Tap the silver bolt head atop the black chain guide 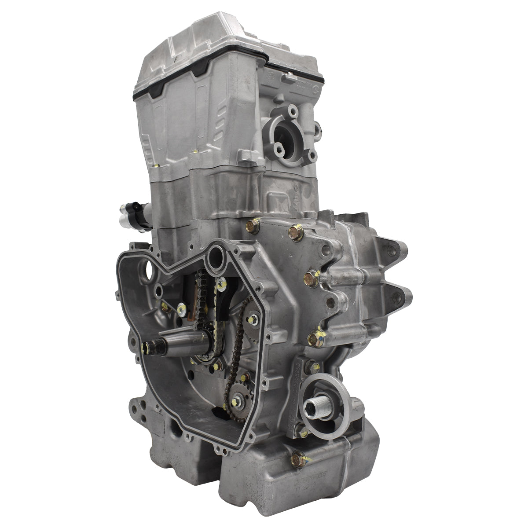pyautogui.click(x=222, y=282)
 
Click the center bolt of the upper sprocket pyautogui.click(x=253, y=318)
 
